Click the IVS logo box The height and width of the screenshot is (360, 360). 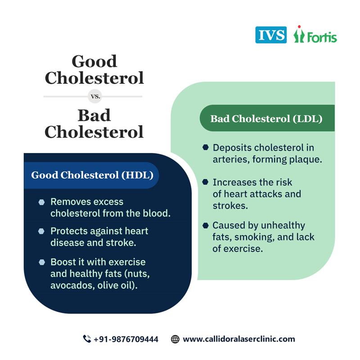[x=270, y=35]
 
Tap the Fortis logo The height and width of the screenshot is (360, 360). [x=315, y=35]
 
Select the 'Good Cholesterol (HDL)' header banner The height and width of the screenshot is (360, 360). [x=92, y=175]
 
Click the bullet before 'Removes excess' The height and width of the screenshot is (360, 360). [x=41, y=202]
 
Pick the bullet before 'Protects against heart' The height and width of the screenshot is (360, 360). [x=41, y=231]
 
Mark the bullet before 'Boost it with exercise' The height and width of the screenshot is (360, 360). [x=41, y=262]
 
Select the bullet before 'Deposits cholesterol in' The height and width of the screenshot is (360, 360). [x=205, y=147]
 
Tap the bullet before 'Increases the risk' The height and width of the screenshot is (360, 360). [x=205, y=182]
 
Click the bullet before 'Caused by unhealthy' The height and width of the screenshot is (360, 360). [x=205, y=225]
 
